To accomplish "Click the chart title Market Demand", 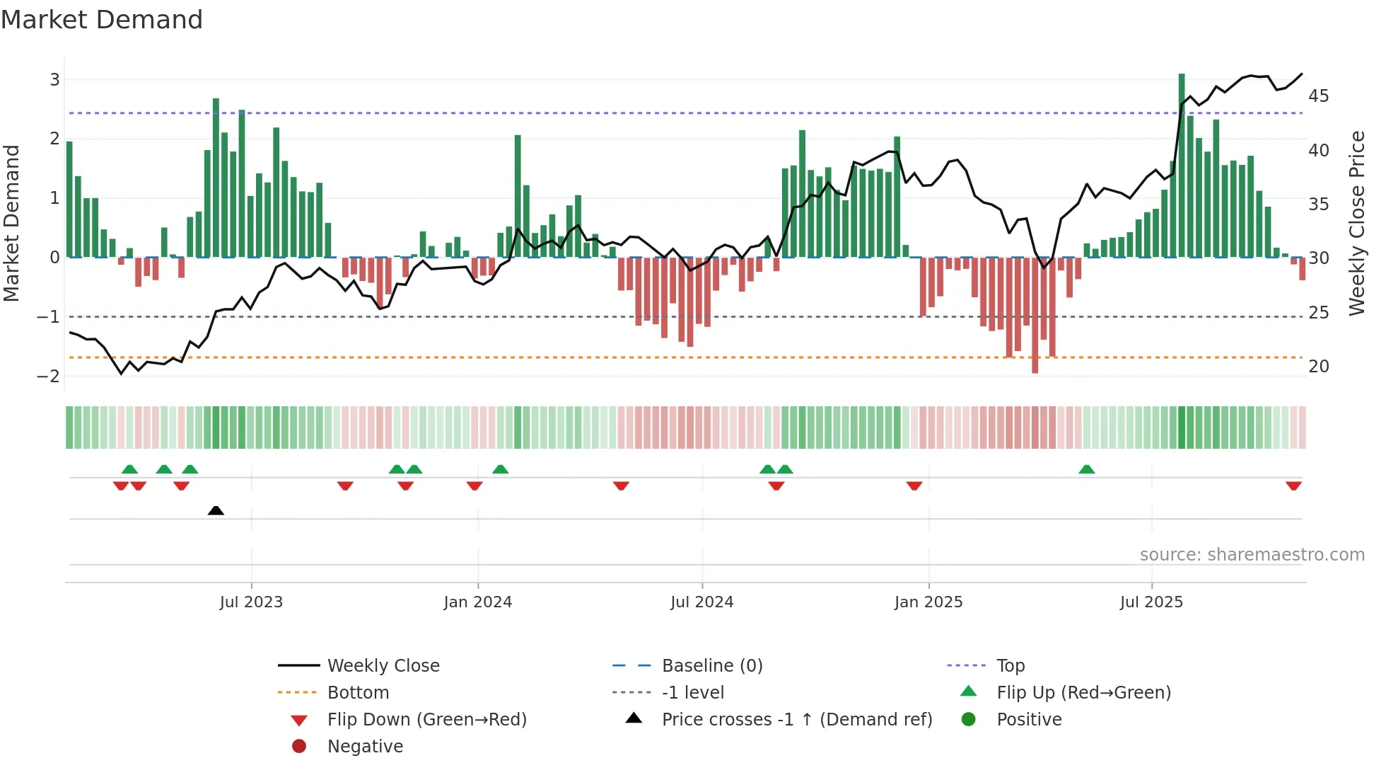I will point(102,20).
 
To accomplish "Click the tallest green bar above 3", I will point(1182,163).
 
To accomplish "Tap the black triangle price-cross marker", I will point(216,510).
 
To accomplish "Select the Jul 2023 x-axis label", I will point(251,602).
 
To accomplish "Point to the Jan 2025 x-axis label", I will point(928,602).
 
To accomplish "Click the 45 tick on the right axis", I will point(1319,96).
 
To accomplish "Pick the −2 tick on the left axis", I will point(49,376).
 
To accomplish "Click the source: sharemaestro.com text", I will point(1252,555).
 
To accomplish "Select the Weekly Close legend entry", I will point(383,665).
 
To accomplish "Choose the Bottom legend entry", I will point(358,692).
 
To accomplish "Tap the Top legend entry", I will point(1011,665).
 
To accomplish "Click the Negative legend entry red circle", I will point(299,746).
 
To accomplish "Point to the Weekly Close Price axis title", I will point(1356,223).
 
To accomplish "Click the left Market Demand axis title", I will point(11,223).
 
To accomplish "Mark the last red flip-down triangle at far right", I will point(1293,486).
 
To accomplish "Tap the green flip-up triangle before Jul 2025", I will point(1087,469).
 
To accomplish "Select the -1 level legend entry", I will point(692,692).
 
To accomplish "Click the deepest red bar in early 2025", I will point(1035,315).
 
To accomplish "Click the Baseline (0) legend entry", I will point(711,665).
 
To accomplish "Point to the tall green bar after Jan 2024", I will point(518,195).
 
